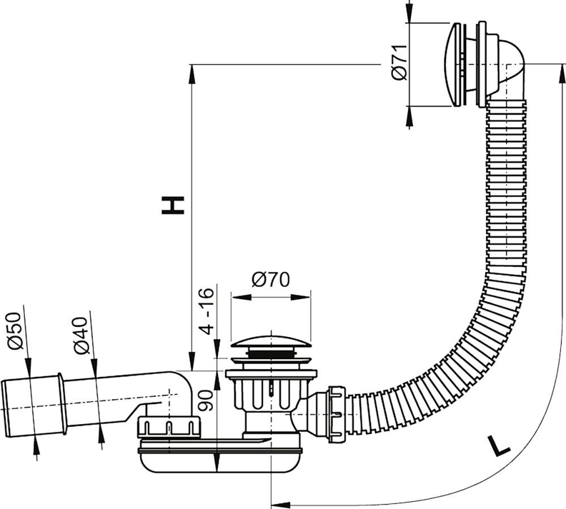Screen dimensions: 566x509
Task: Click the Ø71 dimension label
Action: pos(400,63)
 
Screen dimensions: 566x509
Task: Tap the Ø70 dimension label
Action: pos(271,279)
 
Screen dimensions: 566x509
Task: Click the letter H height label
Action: pos(173,205)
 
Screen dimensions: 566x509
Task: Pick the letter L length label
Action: pos(498,446)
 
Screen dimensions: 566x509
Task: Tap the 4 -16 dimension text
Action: pos(208,312)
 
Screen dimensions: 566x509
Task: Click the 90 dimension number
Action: pos(206,401)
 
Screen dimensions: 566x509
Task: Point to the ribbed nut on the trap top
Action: pos(169,427)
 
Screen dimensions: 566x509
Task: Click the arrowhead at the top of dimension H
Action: pos(191,74)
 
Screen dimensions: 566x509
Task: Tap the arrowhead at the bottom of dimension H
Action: pos(191,361)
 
